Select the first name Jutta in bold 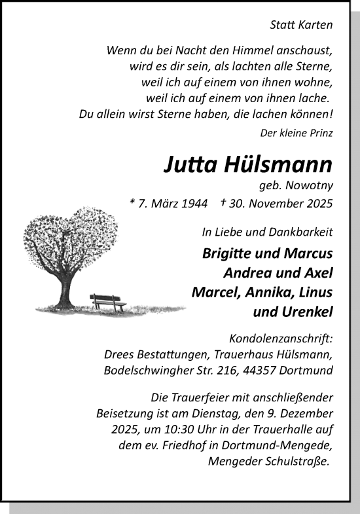coord(190,164)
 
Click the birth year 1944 coord(190,203)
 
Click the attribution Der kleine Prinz coord(297,133)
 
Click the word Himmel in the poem coord(245,50)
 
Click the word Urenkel coord(306,312)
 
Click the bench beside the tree coord(108,302)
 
